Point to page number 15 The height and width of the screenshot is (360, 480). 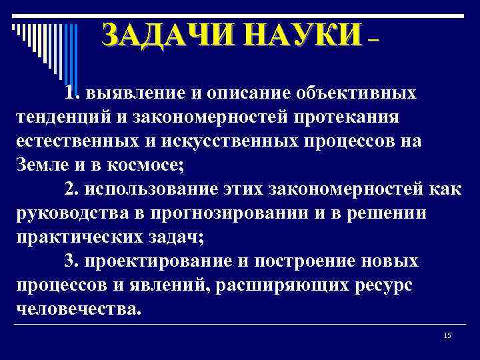click(x=447, y=335)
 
